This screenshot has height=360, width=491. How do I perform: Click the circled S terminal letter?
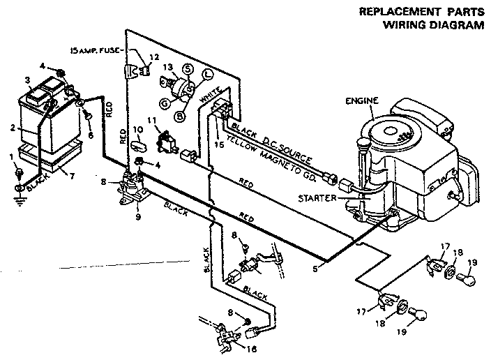coord(187,69)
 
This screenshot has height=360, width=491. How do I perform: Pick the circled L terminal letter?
coord(208,75)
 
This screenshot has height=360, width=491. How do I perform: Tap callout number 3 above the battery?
coord(28,80)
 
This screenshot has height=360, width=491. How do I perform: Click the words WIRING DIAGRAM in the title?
coord(432,27)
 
